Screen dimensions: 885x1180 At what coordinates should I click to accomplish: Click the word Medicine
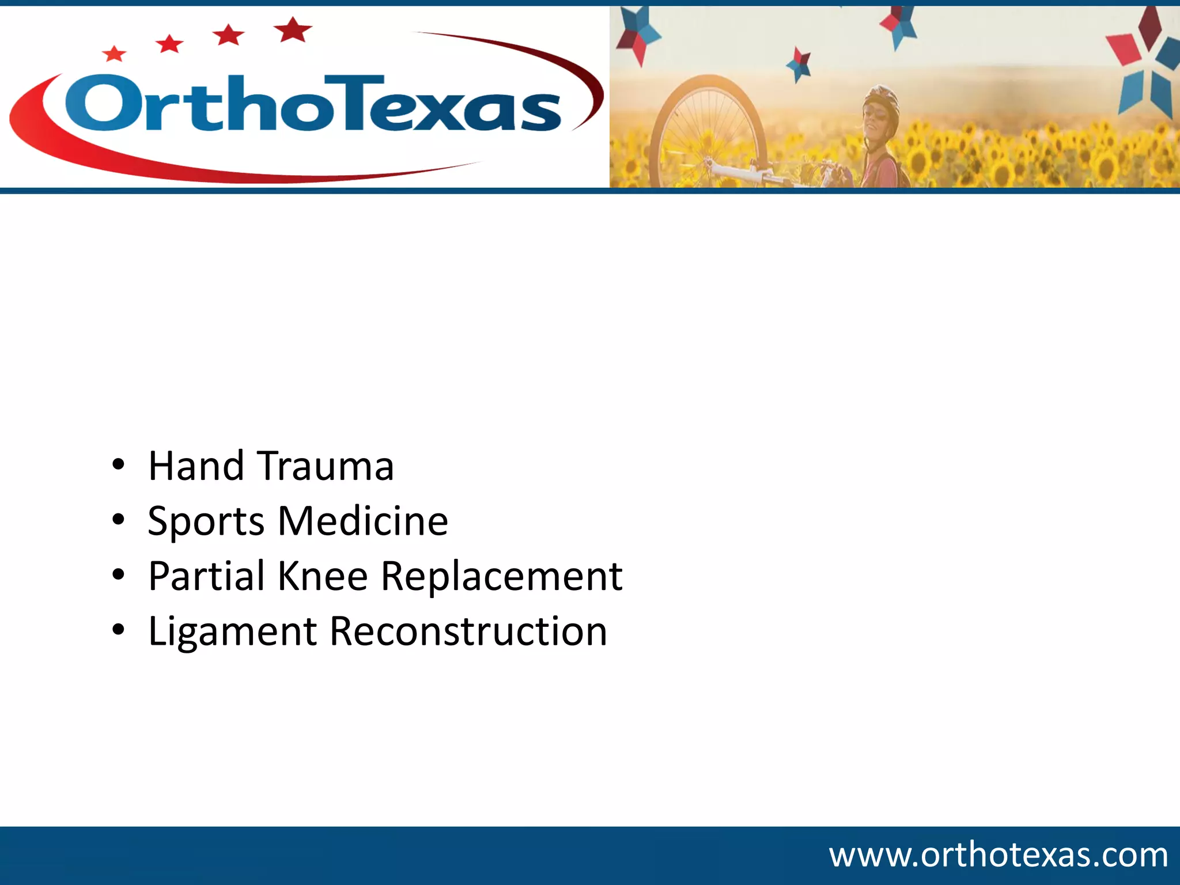pos(363,521)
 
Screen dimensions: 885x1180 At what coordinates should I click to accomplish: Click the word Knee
pos(323,576)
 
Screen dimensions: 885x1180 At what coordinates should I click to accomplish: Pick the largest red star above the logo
pos(293,29)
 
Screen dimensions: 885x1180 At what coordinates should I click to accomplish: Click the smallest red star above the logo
pos(114,54)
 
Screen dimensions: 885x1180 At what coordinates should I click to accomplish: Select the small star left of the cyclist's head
pos(799,64)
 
